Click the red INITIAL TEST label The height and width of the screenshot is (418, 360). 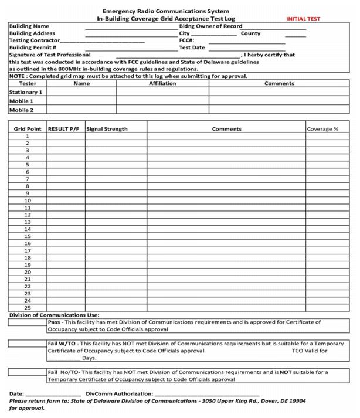[x=303, y=19]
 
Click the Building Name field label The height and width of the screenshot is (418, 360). [x=29, y=26]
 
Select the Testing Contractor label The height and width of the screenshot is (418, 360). [x=34, y=40]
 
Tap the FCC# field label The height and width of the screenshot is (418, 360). [x=186, y=40]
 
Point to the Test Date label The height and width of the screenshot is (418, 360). [x=192, y=47]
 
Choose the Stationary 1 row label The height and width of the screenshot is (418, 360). [x=26, y=92]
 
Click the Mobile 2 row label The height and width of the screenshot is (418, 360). [x=21, y=110]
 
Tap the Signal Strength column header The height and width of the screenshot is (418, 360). [x=107, y=129]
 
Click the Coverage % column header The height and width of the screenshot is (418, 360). [x=322, y=129]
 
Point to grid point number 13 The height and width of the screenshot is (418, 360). [x=27, y=222]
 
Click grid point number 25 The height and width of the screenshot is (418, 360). [x=27, y=307]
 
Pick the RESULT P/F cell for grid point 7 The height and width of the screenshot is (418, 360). [x=65, y=179]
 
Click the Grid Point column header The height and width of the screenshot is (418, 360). [x=27, y=129]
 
